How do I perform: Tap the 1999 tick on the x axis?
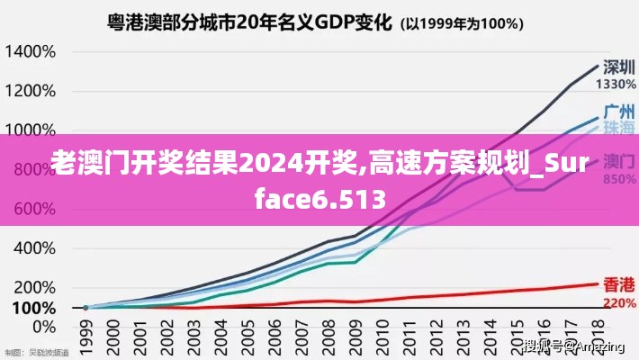click(86, 333)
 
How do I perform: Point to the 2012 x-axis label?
click(435, 333)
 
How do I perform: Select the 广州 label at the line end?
click(617, 112)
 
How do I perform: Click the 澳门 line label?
click(616, 163)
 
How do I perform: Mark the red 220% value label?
click(617, 303)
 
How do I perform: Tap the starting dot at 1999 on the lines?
click(86, 308)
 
